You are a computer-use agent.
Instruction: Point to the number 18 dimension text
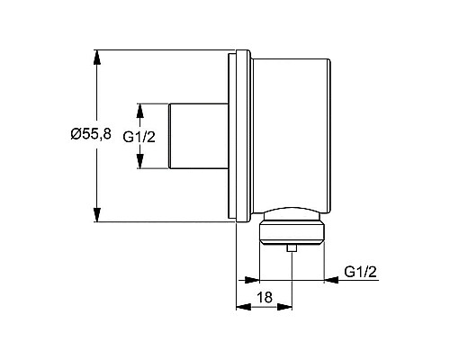click(264, 296)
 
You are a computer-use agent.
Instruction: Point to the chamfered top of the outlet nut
click(290, 218)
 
